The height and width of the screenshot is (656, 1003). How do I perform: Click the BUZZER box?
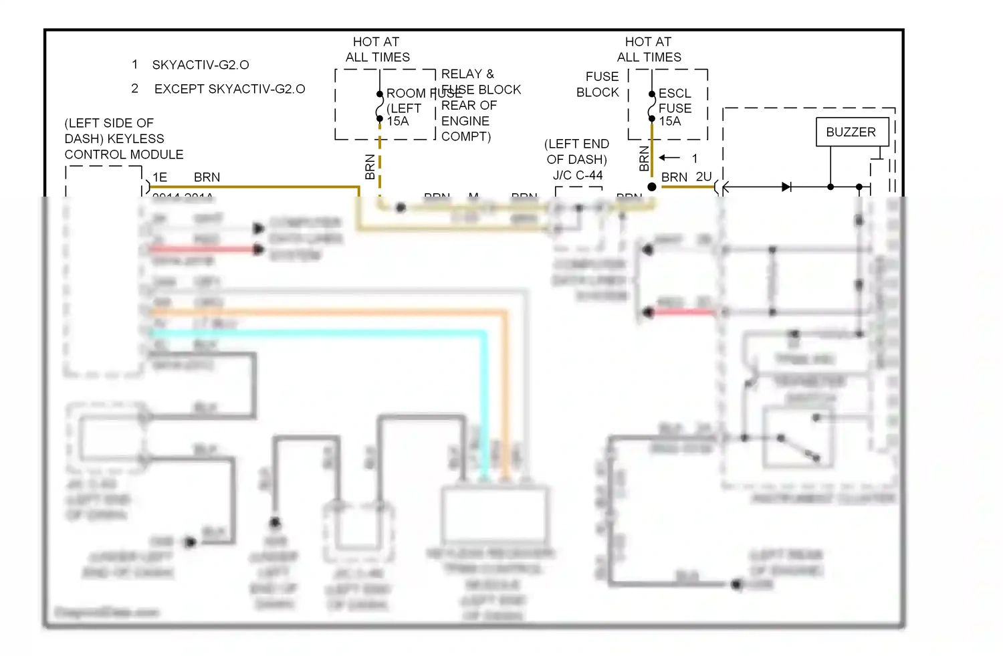(851, 132)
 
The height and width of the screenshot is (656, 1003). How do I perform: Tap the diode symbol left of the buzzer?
(786, 187)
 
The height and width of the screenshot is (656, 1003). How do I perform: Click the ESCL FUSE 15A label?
(675, 107)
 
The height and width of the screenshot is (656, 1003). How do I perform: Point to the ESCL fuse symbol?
(652, 106)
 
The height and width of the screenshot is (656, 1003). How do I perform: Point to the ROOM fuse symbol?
(380, 106)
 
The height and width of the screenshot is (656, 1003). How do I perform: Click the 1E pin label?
(160, 177)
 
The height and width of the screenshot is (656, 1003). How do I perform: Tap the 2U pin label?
(703, 177)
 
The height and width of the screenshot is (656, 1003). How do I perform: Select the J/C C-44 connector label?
(578, 175)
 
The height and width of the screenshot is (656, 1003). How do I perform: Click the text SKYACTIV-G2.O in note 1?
(201, 65)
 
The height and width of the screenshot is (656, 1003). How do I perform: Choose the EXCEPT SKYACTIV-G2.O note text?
(229, 89)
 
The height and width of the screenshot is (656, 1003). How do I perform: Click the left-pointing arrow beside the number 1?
(669, 158)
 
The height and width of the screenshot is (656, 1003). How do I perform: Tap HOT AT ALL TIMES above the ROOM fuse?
(377, 49)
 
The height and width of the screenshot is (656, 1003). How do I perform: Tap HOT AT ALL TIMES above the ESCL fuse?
(649, 49)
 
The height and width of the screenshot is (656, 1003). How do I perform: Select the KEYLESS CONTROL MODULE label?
(123, 139)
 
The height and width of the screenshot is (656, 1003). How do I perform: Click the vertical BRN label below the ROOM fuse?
(370, 167)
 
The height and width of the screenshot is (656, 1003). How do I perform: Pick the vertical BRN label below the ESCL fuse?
(644, 159)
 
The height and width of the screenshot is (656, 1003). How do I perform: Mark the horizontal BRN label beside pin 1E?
(207, 177)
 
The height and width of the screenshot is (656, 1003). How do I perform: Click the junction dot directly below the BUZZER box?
(830, 187)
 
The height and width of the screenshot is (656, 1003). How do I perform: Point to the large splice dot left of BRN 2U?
(652, 187)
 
